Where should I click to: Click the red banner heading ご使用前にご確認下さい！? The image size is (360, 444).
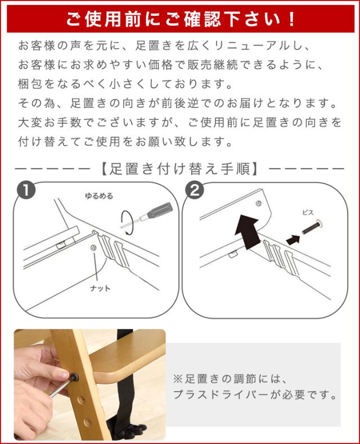(181, 20)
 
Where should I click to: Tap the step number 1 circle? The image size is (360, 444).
(26, 190)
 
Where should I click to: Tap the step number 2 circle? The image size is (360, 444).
(194, 190)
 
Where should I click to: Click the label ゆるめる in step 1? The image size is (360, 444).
(99, 196)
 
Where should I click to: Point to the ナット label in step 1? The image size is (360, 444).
(100, 288)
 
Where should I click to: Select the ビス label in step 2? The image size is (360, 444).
(308, 212)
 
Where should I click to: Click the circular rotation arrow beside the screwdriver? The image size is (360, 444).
(127, 222)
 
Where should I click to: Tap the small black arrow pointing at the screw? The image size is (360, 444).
(292, 240)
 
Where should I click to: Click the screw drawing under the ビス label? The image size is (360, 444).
(313, 227)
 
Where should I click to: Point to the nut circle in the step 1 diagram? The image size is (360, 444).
(93, 248)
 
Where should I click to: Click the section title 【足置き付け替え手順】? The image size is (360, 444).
(179, 169)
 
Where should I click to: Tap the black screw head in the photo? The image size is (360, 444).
(74, 377)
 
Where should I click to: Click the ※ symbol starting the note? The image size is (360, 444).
(178, 379)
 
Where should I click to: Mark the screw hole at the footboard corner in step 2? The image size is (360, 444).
(258, 203)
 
